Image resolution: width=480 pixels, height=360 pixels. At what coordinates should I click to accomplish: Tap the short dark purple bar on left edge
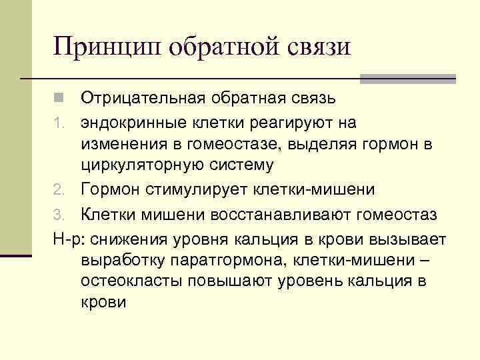[16, 254]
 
